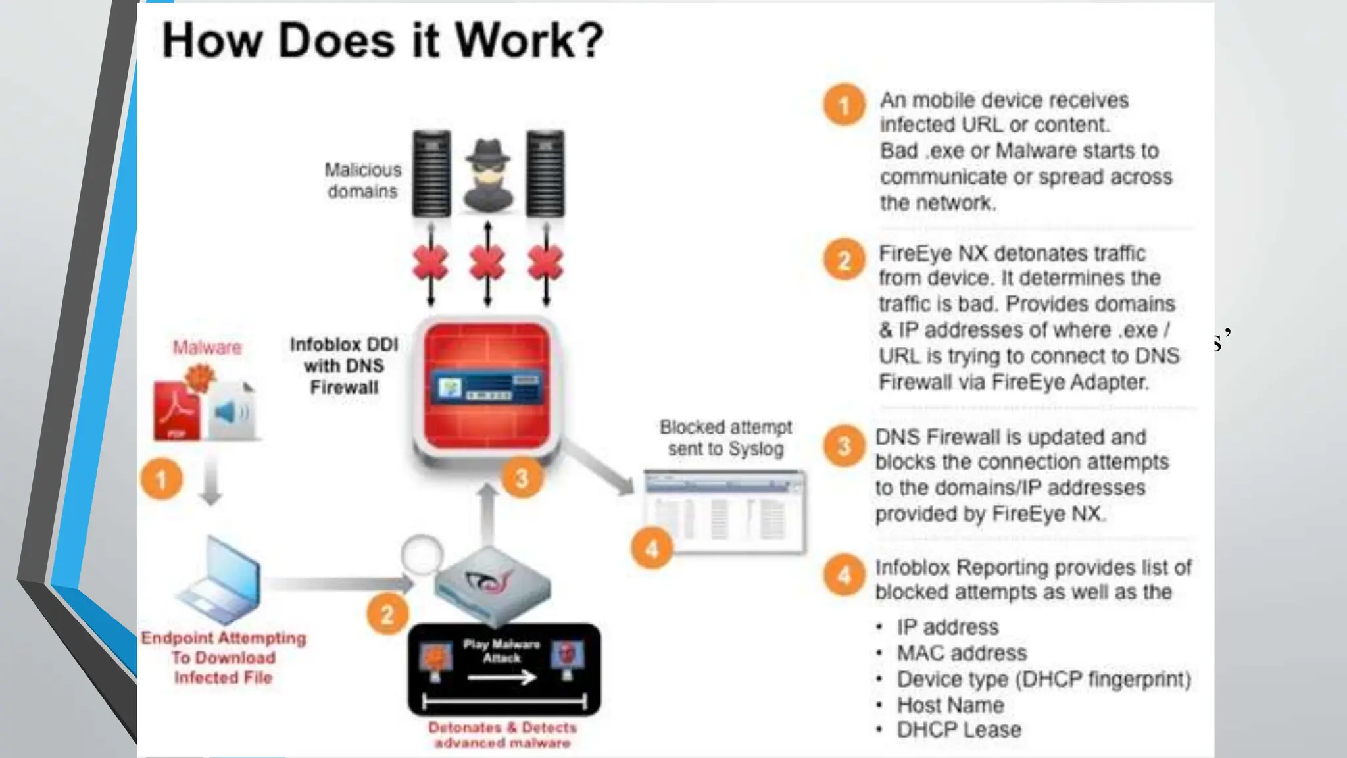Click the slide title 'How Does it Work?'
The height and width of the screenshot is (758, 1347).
[x=382, y=41]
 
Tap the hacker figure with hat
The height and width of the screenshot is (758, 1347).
[x=487, y=175]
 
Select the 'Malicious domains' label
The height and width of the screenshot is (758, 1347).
[x=362, y=180]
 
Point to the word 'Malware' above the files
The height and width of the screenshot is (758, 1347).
[x=207, y=347]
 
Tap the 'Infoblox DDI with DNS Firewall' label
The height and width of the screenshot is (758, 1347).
[x=344, y=366]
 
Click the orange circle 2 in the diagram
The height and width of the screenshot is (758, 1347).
[x=387, y=614]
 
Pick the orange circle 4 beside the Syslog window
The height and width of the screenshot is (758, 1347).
[x=651, y=548]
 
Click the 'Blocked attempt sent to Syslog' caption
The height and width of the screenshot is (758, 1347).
[x=725, y=438]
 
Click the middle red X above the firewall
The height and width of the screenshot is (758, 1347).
[x=487, y=264]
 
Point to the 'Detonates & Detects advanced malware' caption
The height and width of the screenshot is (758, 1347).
[x=502, y=735]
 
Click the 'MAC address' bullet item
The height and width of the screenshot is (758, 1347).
[x=961, y=653]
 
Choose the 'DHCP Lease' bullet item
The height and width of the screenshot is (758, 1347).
[x=958, y=730]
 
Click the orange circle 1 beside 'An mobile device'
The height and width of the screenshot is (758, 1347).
[x=844, y=105]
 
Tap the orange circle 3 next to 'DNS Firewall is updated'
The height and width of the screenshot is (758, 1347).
[x=844, y=446]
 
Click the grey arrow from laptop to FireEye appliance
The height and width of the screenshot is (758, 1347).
[x=339, y=583]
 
